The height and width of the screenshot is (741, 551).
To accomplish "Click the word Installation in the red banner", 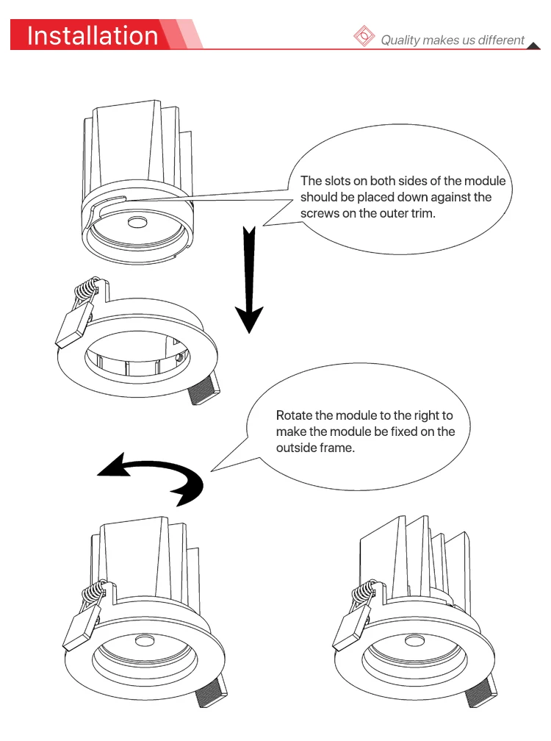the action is pos(93,36).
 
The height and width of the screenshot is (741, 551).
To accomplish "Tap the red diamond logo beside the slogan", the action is pos(364,36).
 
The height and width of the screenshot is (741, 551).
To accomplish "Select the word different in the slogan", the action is pos(501,40).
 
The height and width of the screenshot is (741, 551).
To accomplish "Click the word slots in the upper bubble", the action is pos(346,181).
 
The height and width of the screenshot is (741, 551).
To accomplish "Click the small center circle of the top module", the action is pos(137,221).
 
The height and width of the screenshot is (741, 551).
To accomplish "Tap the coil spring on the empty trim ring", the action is pos(87,289).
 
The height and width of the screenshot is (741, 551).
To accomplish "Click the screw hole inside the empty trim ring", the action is pos(179,357).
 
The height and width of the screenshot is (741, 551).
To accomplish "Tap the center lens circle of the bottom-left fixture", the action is pos(145,641).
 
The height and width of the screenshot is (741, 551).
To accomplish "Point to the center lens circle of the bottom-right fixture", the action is pos(414,641).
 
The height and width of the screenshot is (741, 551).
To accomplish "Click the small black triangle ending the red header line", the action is pos(533,46).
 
